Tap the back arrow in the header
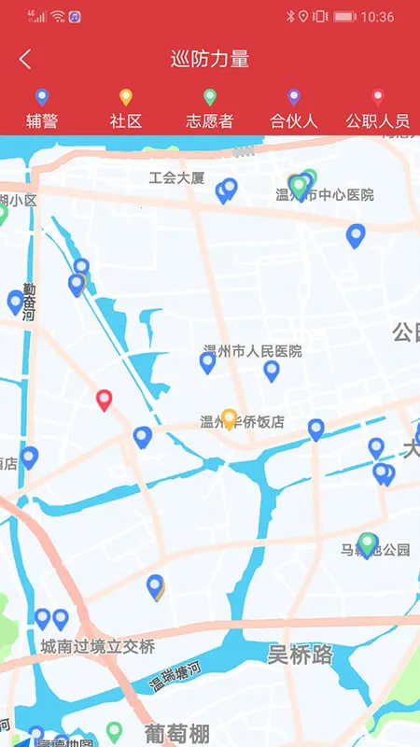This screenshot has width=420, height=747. pyautogui.click(x=25, y=60)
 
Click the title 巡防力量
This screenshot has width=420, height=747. pyautogui.click(x=210, y=60)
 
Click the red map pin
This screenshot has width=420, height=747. pyautogui.click(x=105, y=400)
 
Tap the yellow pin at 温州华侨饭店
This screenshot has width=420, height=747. pyautogui.click(x=229, y=417)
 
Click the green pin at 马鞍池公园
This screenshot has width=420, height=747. pyautogui.click(x=368, y=543)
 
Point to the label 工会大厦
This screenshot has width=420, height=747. pyautogui.click(x=176, y=177)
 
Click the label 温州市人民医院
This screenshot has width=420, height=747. pyautogui.click(x=253, y=351)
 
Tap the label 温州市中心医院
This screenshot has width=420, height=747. pyautogui.click(x=325, y=195)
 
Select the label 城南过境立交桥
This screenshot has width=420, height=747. pyautogui.click(x=97, y=646)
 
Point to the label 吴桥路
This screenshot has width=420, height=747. pyautogui.click(x=300, y=654)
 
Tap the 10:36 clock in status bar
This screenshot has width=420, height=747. pyautogui.click(x=377, y=17)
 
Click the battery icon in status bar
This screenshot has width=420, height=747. pyautogui.click(x=344, y=17)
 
